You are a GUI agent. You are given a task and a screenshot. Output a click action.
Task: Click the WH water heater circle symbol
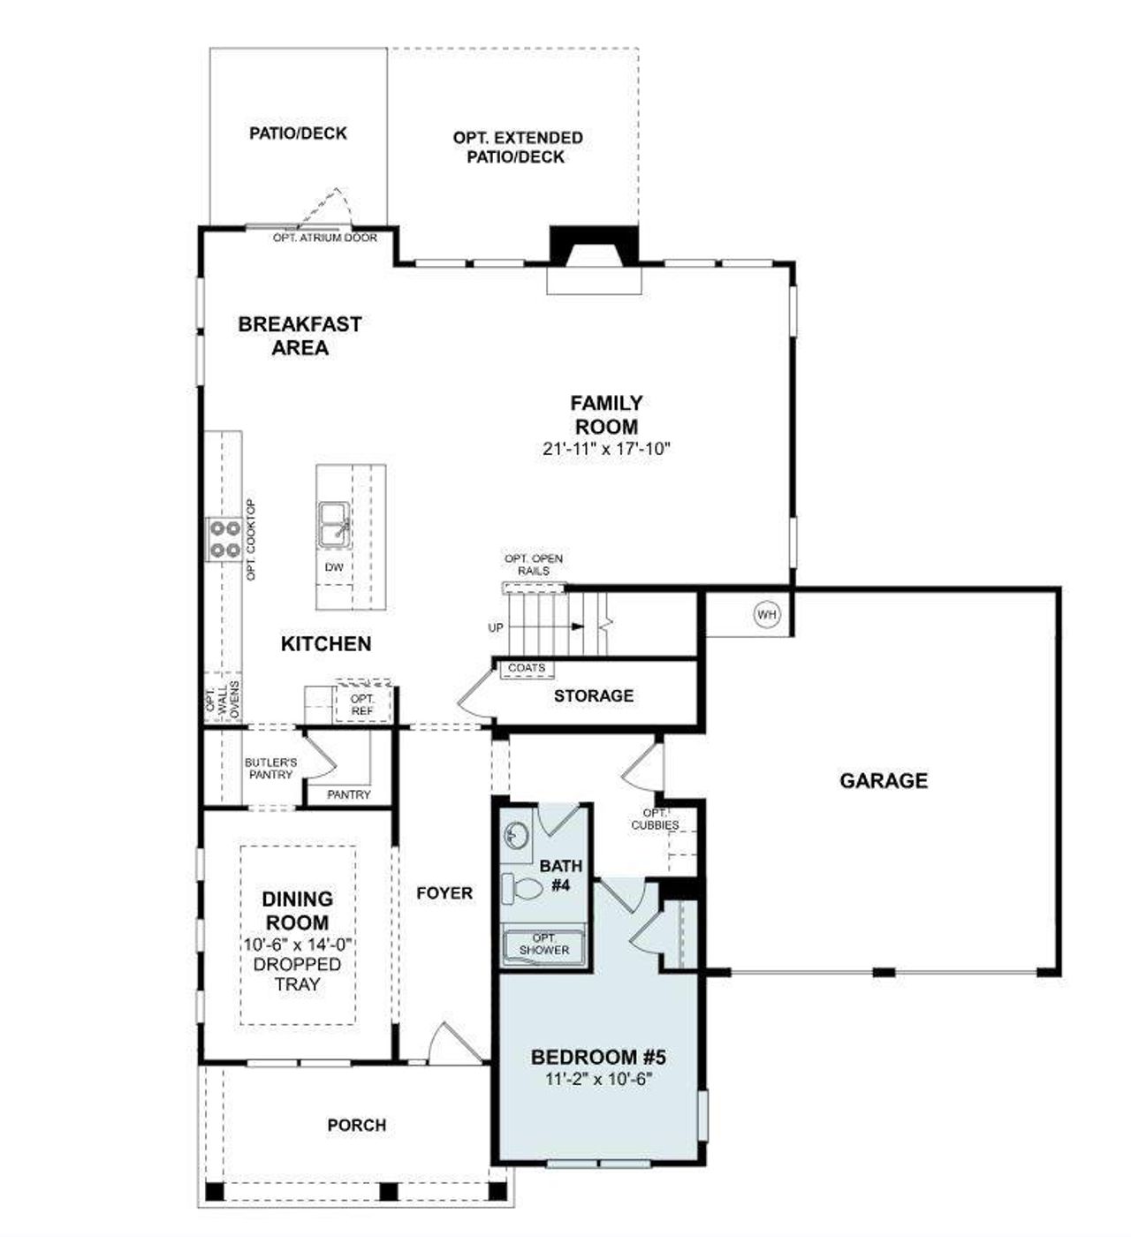[766, 613]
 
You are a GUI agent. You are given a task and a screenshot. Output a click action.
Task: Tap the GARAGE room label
[884, 780]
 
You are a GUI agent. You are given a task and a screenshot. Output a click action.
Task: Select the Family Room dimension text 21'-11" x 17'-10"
[607, 449]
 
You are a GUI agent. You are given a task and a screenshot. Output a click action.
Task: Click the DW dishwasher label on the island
[334, 567]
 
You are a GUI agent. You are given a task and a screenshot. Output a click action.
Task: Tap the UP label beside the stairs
[496, 627]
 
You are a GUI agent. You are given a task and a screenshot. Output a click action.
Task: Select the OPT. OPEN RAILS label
[533, 565]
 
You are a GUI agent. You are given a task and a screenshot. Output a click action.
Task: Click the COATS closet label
[527, 668]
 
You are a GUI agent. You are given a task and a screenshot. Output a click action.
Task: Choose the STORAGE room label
[594, 696]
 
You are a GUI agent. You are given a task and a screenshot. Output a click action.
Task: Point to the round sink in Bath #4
[515, 833]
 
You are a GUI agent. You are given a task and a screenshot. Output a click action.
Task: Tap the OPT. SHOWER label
[544, 944]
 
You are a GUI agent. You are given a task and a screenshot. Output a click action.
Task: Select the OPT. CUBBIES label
[655, 819]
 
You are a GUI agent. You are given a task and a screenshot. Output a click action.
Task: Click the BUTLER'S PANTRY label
[270, 768]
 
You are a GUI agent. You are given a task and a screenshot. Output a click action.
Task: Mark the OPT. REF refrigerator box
[362, 704]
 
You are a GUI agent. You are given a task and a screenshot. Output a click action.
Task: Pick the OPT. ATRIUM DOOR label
[324, 238]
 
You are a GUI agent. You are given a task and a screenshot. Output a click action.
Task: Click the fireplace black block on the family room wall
[594, 244]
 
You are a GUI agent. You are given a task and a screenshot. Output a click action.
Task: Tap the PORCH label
[357, 1125]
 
